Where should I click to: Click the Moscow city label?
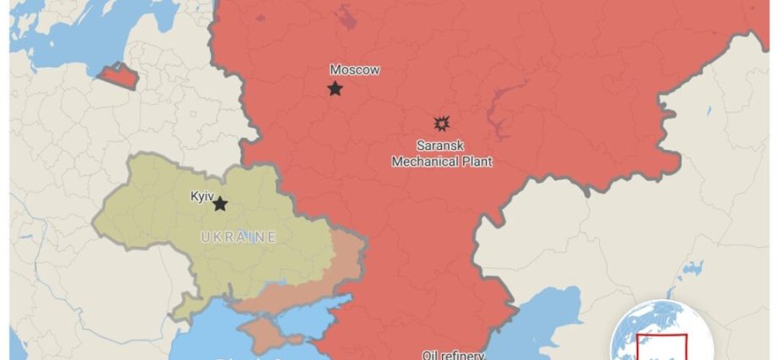[x=354, y=70]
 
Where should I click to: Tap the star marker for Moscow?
[x=335, y=88]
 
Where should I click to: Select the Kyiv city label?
[x=202, y=196]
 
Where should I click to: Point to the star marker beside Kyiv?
[x=220, y=204]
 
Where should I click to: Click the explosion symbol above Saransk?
[x=440, y=124]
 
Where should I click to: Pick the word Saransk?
[x=441, y=146]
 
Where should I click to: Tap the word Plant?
[x=476, y=161]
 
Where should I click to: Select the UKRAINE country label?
[x=239, y=237]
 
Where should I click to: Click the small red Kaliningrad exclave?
[x=117, y=77]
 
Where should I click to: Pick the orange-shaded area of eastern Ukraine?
[x=343, y=263]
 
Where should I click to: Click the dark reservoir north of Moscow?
[x=345, y=17]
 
